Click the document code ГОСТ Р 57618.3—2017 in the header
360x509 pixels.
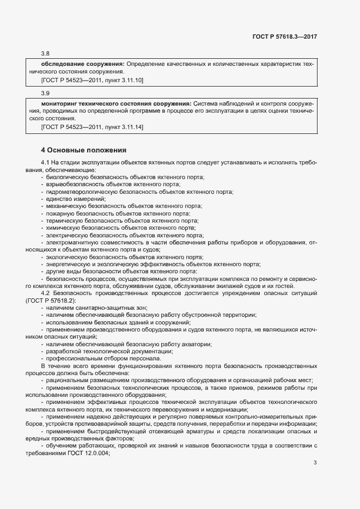285,36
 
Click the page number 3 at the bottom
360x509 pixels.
315,447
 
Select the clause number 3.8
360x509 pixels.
45,53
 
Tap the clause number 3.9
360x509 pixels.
45,93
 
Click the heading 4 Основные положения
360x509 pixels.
83,150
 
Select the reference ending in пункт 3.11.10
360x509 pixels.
93,80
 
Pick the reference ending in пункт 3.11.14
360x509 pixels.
93,127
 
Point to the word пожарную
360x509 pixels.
60,214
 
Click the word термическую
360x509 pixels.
64,221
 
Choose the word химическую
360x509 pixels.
62,228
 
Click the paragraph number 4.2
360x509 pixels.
45,293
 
